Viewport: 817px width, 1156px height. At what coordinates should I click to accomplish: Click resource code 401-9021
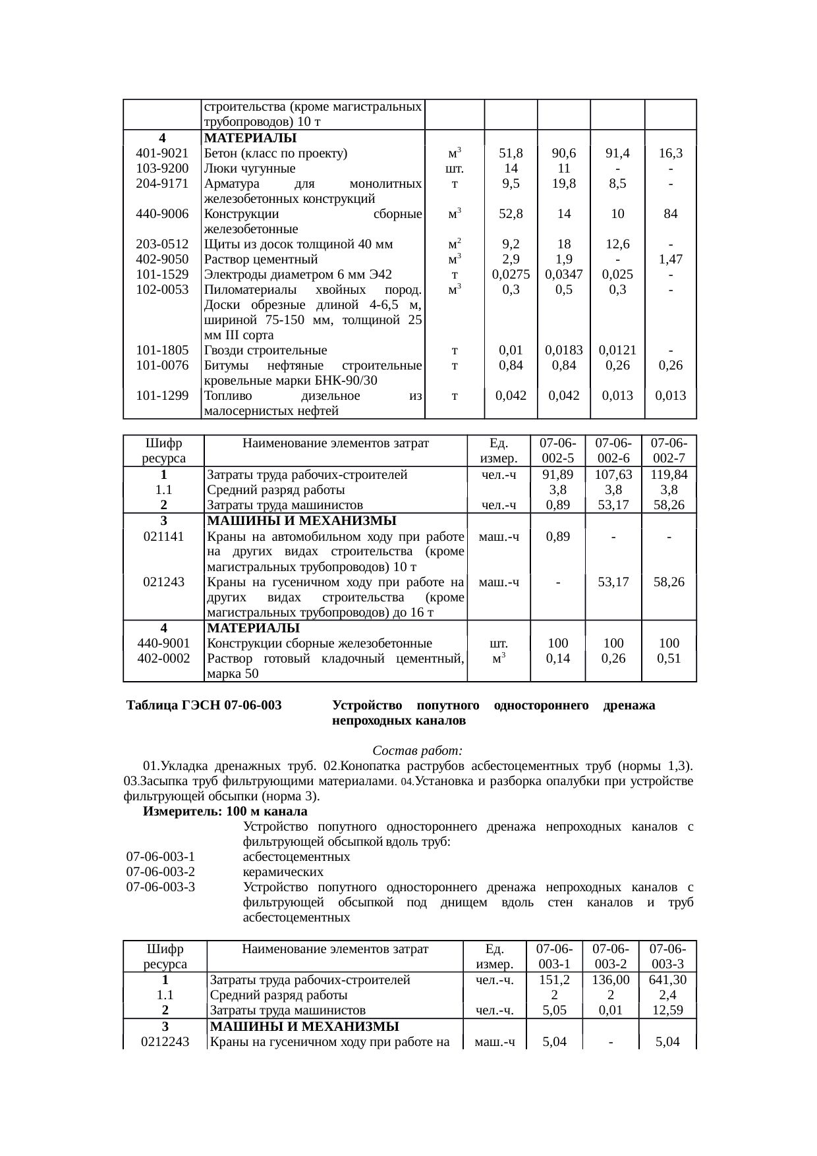pos(162,153)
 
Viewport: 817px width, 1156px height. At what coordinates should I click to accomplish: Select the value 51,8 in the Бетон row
pos(511,153)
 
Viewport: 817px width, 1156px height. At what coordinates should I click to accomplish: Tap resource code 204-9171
pos(162,184)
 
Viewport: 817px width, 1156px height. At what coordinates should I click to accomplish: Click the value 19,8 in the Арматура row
pos(563,184)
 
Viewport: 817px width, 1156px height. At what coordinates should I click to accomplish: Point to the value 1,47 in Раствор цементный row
pos(670,260)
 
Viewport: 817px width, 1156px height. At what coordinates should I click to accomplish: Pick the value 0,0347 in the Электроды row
pos(563,275)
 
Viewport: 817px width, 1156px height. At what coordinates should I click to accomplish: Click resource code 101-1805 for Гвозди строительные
pos(162,350)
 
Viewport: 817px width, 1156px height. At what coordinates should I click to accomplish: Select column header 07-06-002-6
pos(613,451)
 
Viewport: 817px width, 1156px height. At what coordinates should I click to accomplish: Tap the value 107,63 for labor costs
pos(613,475)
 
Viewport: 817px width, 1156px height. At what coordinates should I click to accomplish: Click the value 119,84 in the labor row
pos(669,475)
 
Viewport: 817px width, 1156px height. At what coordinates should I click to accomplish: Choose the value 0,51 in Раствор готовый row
pos(669,658)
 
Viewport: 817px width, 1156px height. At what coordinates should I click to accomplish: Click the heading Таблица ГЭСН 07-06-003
pos(204,706)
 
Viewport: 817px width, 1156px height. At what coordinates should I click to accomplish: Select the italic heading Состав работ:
pos(418,751)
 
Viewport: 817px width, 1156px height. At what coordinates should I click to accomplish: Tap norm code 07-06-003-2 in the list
pos(161,872)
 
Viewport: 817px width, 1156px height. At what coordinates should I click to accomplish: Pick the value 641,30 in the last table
pos(668,980)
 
